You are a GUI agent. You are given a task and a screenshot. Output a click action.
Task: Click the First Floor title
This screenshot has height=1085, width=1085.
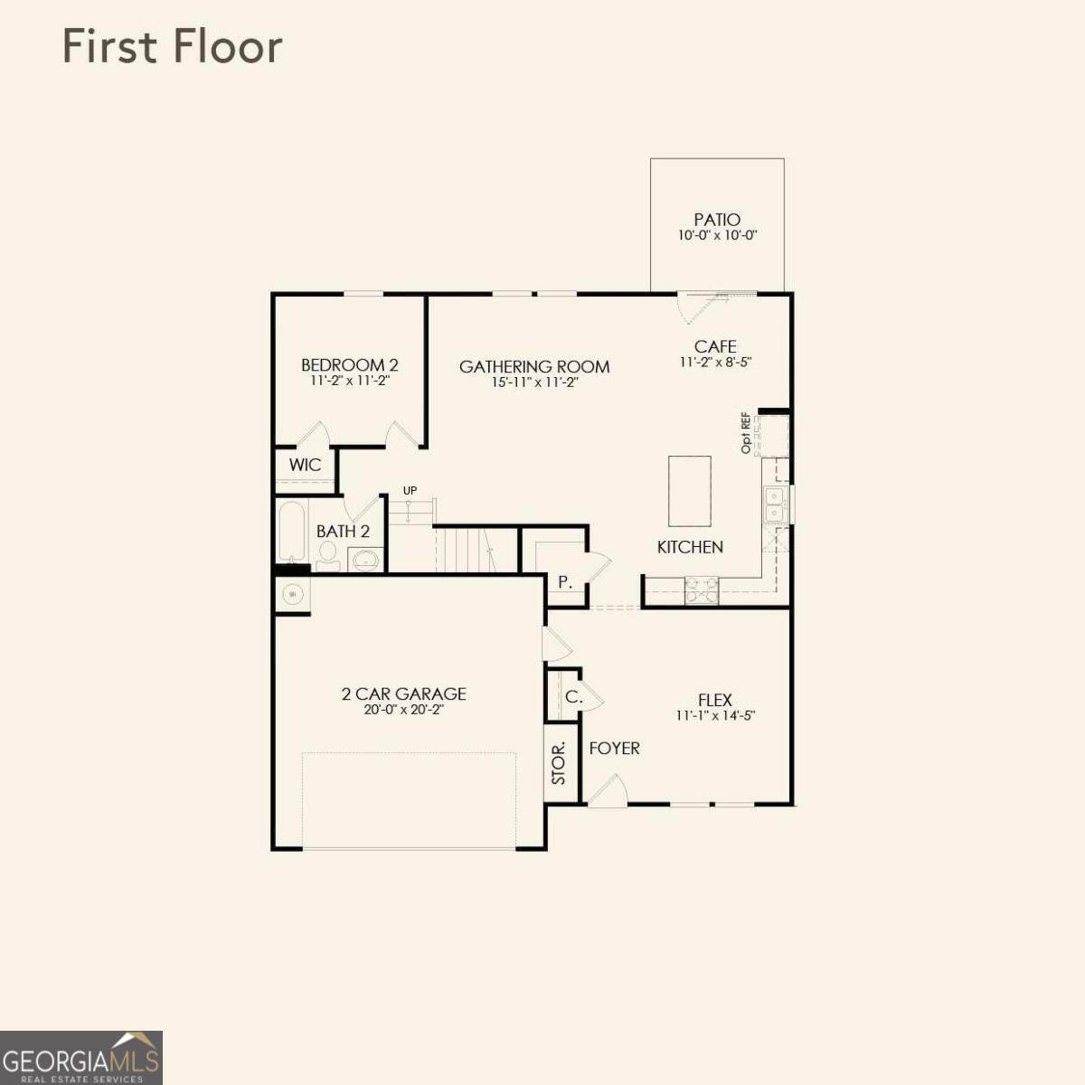point(173,47)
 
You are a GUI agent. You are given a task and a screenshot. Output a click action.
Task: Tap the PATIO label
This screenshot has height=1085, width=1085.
point(717,220)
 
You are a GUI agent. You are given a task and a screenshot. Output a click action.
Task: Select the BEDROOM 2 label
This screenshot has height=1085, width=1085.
point(350,365)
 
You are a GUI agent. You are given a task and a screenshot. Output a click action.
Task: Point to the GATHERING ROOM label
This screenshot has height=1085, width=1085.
point(534,366)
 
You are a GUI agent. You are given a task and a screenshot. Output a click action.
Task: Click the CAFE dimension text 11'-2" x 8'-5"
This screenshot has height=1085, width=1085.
point(715,362)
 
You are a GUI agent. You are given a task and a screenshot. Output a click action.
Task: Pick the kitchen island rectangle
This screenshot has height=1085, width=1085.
point(690,490)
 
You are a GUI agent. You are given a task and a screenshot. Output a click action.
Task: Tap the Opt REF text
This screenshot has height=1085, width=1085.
point(746,434)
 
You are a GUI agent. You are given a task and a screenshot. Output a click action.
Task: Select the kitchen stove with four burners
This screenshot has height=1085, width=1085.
point(702,590)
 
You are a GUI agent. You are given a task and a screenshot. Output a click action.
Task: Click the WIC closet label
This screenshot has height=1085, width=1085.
point(306,465)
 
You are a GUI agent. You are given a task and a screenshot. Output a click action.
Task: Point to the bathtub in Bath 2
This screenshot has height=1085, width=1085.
point(292,531)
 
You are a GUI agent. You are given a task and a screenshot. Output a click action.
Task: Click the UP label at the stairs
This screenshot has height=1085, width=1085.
point(410,490)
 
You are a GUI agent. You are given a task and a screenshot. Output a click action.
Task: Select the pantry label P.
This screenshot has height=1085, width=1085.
point(565,583)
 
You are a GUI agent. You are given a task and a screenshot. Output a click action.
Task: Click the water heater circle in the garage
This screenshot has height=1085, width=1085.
point(292,593)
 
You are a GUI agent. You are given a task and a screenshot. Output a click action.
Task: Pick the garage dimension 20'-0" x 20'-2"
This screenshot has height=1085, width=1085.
point(404,710)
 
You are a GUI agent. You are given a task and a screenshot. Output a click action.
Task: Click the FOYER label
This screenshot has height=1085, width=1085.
point(614,749)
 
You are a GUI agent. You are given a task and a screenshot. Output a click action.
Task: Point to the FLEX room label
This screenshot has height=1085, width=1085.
point(715,700)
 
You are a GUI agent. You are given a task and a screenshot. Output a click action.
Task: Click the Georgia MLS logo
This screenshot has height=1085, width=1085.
point(81,1058)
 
